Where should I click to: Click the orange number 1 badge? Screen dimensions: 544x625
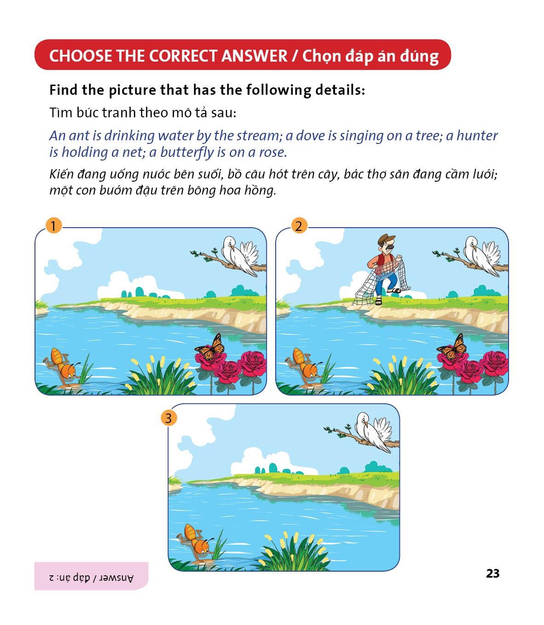click(x=53, y=226)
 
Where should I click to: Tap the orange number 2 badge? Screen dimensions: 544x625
click(x=299, y=226)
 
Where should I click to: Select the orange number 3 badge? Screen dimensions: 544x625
click(x=168, y=418)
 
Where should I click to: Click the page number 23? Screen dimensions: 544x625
click(x=492, y=573)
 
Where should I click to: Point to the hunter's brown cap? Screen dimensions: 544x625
click(x=386, y=239)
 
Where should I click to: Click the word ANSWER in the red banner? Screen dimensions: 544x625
click(x=254, y=56)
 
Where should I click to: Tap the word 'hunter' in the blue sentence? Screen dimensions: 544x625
click(x=477, y=136)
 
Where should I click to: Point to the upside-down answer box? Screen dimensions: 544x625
click(x=91, y=576)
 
